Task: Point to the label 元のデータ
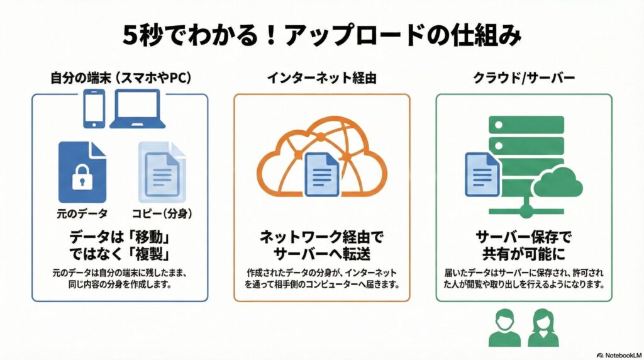point(82,214)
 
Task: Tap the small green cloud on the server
point(558,183)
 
